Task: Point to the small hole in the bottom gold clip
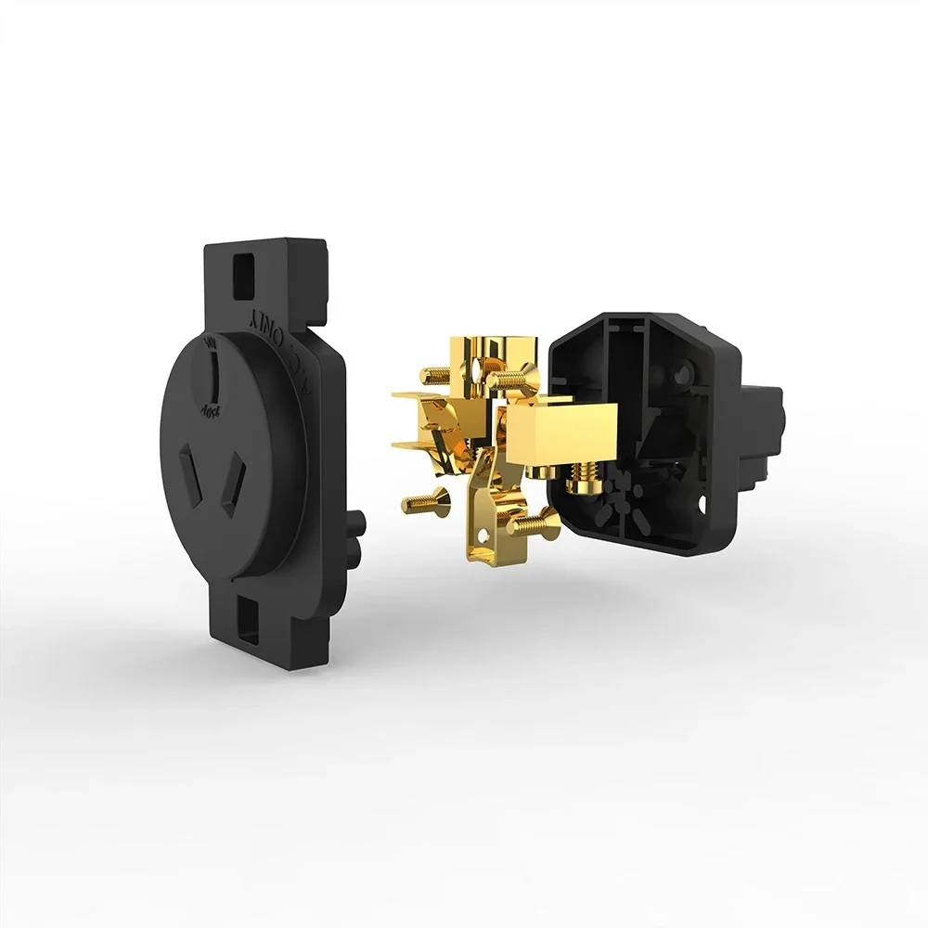point(484,534)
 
